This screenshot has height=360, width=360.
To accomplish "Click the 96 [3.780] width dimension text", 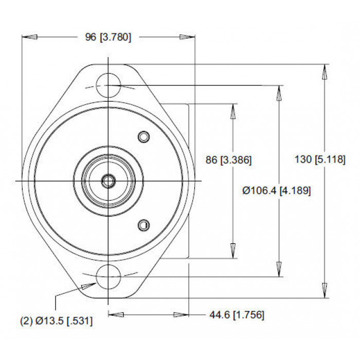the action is coord(108,37).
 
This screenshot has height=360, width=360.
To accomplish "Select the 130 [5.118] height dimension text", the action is coord(320,159).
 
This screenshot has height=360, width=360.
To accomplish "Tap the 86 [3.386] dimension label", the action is coord(228,160).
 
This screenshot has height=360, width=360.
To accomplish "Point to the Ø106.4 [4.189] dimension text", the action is coord(277,191).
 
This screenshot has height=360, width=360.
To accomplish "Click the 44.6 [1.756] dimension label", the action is coord(237,315).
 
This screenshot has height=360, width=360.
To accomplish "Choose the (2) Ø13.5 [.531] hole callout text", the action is coord(57,321).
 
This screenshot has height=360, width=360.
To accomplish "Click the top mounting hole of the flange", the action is coord(109,85).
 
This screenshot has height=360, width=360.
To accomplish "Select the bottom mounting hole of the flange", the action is coord(109,277).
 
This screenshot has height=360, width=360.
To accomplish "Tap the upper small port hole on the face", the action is coord(144,137).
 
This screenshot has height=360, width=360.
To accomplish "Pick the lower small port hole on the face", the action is coord(144,225).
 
